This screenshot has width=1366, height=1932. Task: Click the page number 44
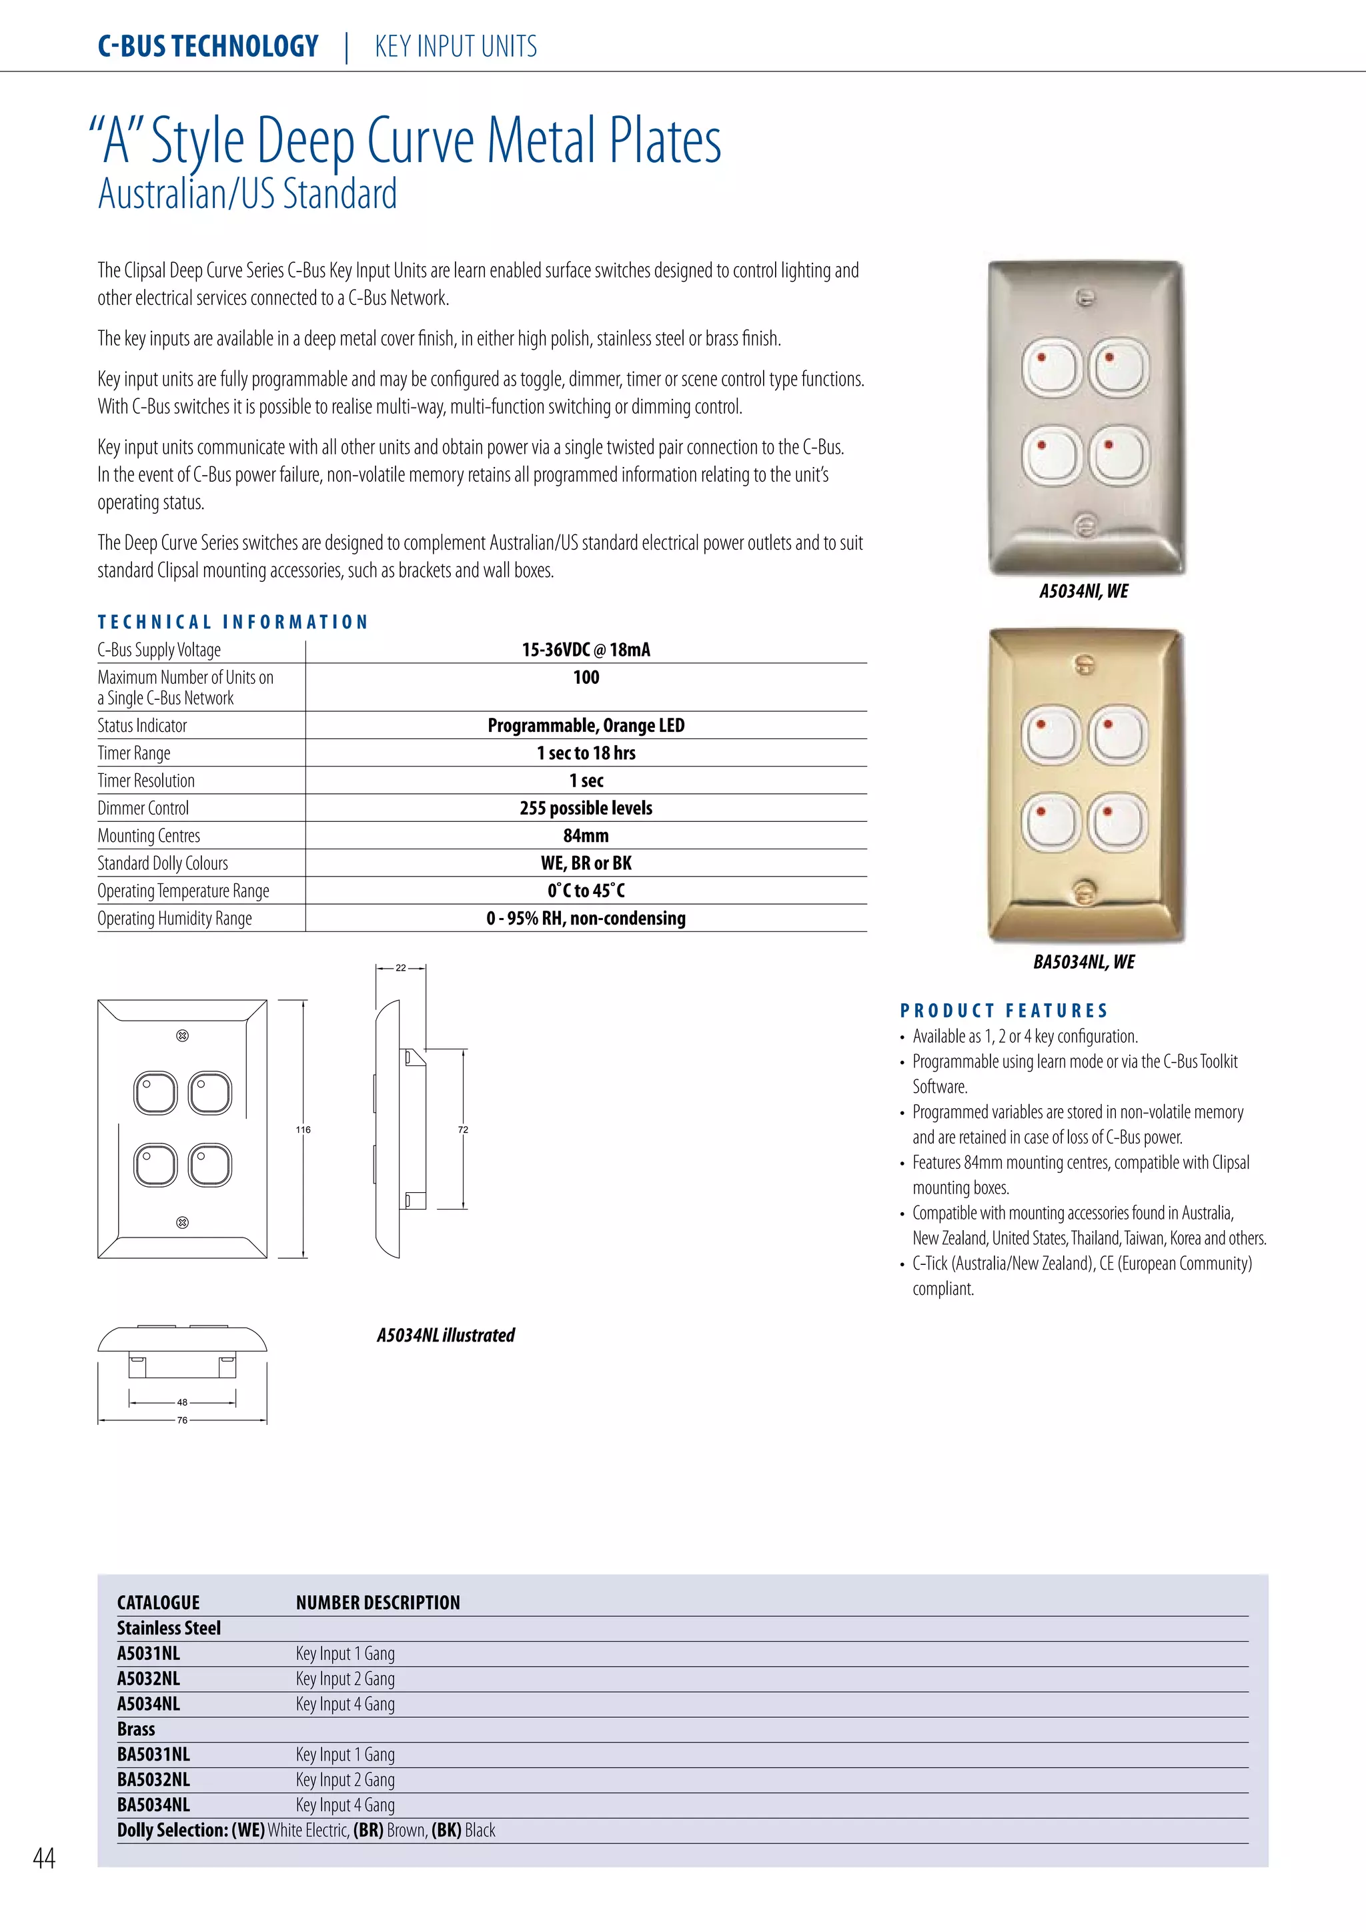[44, 1857]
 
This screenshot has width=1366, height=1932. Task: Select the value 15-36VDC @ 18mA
[586, 650]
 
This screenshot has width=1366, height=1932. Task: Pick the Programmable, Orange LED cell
[586, 725]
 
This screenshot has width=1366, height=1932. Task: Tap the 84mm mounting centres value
[586, 835]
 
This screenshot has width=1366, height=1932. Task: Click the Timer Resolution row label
[145, 781]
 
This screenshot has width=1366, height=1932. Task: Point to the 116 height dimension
[303, 1129]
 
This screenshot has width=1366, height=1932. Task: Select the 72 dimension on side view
[463, 1129]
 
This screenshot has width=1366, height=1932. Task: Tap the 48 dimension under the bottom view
[183, 1402]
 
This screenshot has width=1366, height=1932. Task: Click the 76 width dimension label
[183, 1420]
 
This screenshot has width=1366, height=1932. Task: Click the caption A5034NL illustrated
[445, 1336]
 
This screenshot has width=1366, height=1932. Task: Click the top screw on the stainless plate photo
[1086, 298]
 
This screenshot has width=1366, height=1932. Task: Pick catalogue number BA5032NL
[153, 1780]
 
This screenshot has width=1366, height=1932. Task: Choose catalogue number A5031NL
[148, 1654]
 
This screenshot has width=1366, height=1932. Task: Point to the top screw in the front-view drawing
[183, 1036]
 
